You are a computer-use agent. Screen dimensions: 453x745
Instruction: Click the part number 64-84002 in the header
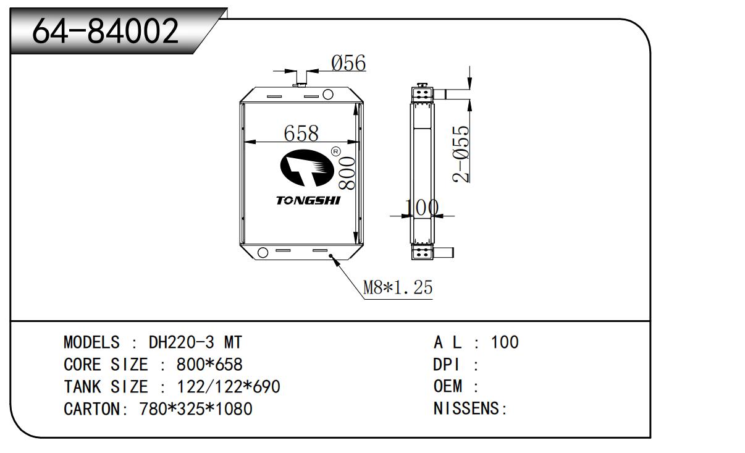point(105,31)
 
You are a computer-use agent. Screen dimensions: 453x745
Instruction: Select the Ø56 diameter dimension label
point(348,62)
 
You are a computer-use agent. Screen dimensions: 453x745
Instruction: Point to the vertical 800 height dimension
point(347,173)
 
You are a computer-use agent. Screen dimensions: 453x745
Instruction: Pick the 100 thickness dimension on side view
point(422,208)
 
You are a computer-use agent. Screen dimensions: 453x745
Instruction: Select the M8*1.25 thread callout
point(397,287)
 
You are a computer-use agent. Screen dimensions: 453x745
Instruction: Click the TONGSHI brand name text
point(308,201)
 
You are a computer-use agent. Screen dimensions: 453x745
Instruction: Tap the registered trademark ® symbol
point(335,151)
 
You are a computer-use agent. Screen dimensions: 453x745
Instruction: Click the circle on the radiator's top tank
point(328,95)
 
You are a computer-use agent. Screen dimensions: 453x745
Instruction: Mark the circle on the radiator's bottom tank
point(262,252)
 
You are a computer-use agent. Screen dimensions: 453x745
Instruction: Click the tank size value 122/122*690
point(229,387)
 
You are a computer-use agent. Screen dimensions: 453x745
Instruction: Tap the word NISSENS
point(468,409)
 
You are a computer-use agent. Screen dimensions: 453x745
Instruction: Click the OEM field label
point(447,387)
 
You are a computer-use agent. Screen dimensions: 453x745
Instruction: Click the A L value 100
point(505,342)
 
